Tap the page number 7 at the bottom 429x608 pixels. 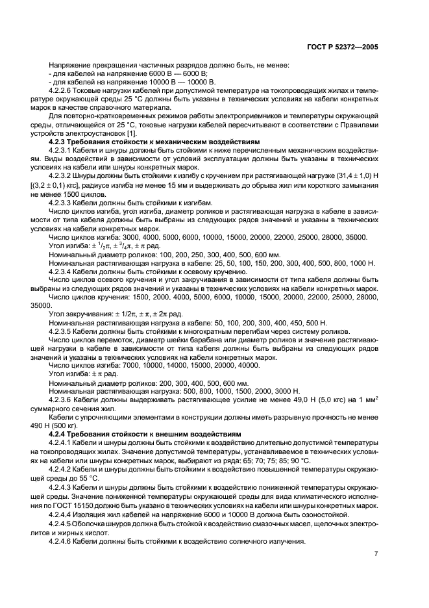[376, 553]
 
